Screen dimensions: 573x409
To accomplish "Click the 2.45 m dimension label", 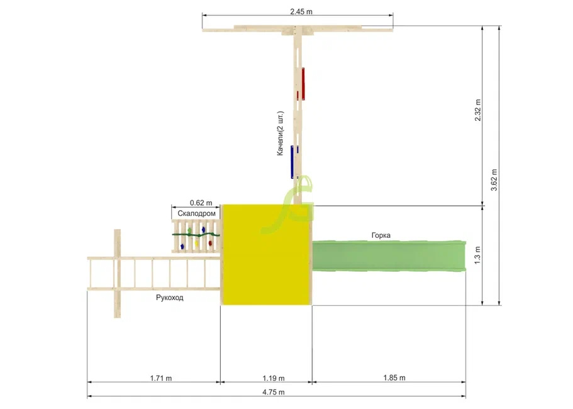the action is click(301, 12).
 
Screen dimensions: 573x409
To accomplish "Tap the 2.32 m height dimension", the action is click(478, 110).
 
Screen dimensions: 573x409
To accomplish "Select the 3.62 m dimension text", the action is click(494, 180).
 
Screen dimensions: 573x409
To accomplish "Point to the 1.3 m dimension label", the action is click(477, 255).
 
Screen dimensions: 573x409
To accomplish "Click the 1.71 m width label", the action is click(161, 378).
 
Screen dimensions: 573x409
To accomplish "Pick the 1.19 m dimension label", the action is click(274, 378).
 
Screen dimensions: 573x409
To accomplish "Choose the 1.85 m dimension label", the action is click(394, 378).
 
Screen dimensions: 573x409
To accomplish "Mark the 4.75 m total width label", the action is click(274, 392).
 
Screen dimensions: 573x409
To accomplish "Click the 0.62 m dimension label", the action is click(201, 203).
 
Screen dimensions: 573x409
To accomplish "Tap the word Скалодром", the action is click(197, 213).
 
